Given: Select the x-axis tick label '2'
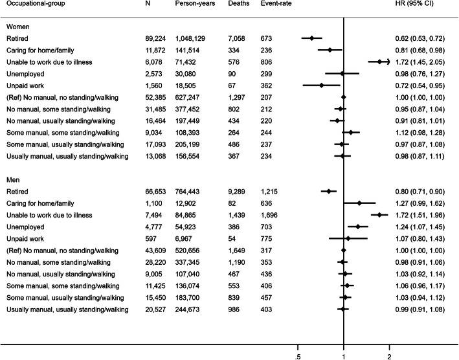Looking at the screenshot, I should pos(389,355).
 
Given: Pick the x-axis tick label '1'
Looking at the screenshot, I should pos(343,355).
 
